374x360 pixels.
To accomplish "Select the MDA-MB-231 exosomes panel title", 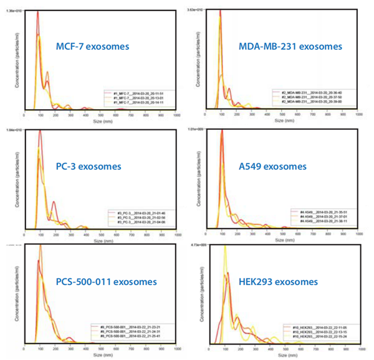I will tap(290, 46).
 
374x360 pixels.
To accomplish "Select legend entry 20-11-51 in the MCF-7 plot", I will tap(139, 91).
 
